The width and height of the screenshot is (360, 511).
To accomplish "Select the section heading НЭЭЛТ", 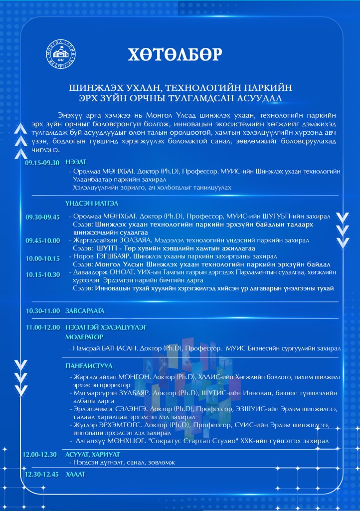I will click(x=74, y=162).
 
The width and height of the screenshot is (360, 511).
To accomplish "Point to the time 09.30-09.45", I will click(x=42, y=217).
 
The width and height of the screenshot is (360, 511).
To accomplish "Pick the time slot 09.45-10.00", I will click(x=42, y=241).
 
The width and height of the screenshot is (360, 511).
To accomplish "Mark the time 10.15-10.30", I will click(x=42, y=274).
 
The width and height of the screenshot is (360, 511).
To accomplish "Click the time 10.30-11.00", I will click(x=42, y=311).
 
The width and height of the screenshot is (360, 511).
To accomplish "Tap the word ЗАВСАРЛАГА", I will click(x=85, y=311).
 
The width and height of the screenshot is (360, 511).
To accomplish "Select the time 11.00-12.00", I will click(x=42, y=327).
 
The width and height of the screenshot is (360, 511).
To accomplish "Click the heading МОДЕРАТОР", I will click(x=84, y=337).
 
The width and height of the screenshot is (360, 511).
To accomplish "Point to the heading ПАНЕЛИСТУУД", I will click(x=89, y=366).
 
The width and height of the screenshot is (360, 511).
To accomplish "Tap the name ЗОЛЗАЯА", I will click(x=132, y=240).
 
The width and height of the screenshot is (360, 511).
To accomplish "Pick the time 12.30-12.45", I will click(x=42, y=474).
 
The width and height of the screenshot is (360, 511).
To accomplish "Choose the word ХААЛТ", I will click(x=75, y=474).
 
